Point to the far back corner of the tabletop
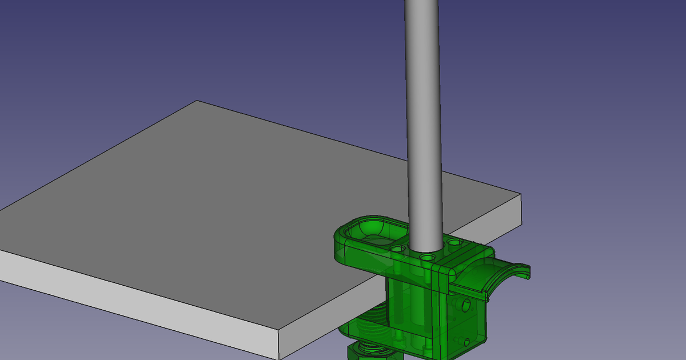click(197, 102)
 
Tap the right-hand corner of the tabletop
click(521, 195)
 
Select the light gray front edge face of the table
click(143, 297)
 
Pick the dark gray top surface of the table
click(229, 200)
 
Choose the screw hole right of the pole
click(454, 242)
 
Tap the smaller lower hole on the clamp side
click(467, 342)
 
